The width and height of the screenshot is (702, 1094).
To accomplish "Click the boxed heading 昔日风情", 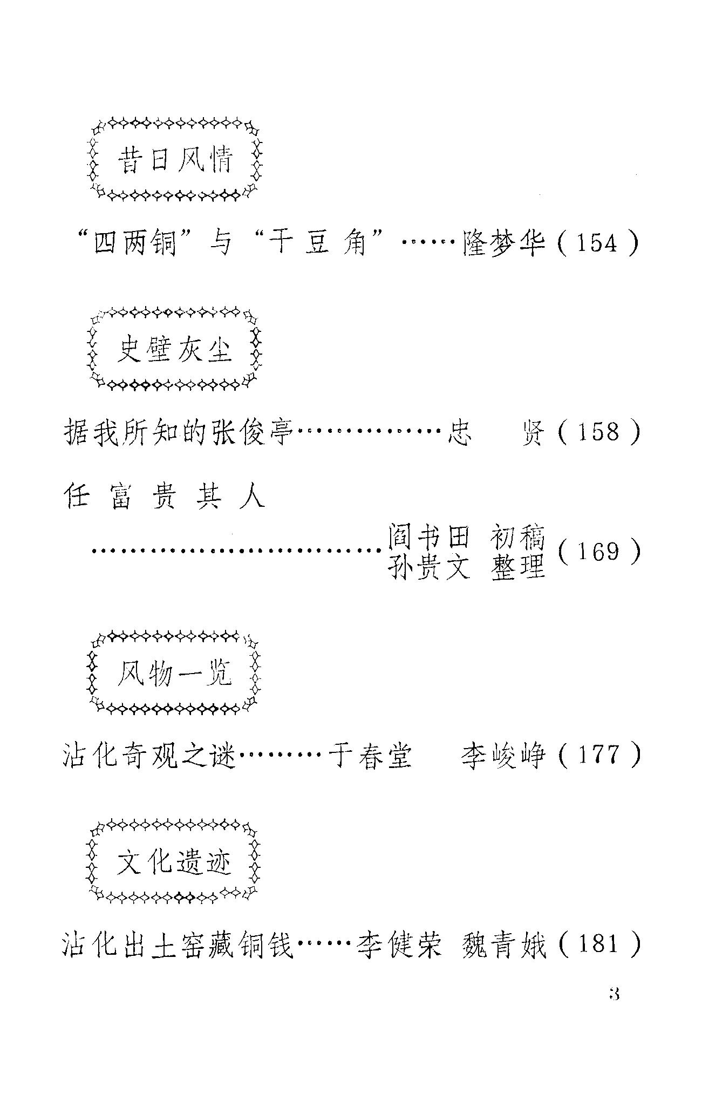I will click(x=174, y=161).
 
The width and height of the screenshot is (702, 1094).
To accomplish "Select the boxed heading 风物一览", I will click(x=174, y=673).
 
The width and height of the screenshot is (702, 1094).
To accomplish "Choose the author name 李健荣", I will click(x=399, y=946).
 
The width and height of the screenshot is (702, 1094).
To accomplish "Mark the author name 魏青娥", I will click(x=504, y=946).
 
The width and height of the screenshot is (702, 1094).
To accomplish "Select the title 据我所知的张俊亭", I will click(x=178, y=432).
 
